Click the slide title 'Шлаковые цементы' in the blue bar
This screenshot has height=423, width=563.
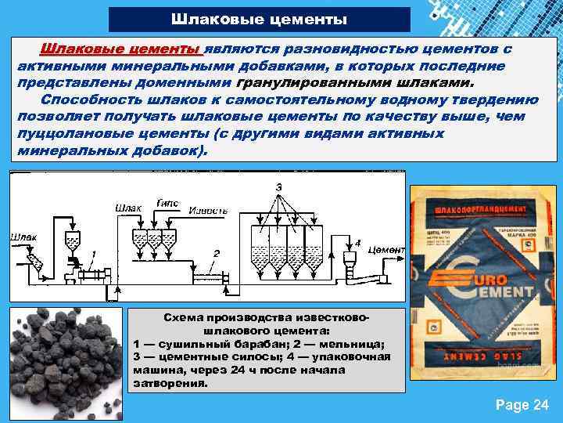coord(259,19)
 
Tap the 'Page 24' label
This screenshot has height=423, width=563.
coord(522,405)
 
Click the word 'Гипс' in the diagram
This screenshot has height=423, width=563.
coord(168,203)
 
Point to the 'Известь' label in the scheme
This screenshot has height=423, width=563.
coord(210,211)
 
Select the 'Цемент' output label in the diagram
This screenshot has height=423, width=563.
coord(385,249)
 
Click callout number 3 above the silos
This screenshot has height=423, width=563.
coord(279,186)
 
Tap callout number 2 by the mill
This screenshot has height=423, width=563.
coord(217,252)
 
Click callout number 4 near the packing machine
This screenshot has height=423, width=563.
coord(357,242)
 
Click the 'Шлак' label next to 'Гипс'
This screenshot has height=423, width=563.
coord(129,208)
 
